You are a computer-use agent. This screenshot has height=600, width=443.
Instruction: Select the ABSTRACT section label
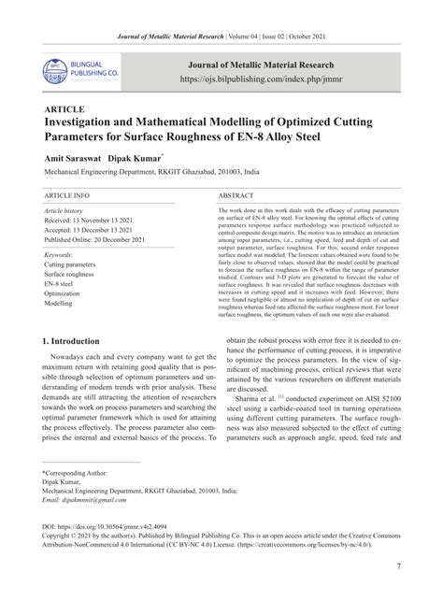(237, 197)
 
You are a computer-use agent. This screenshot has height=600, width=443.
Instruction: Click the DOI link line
(108, 525)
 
